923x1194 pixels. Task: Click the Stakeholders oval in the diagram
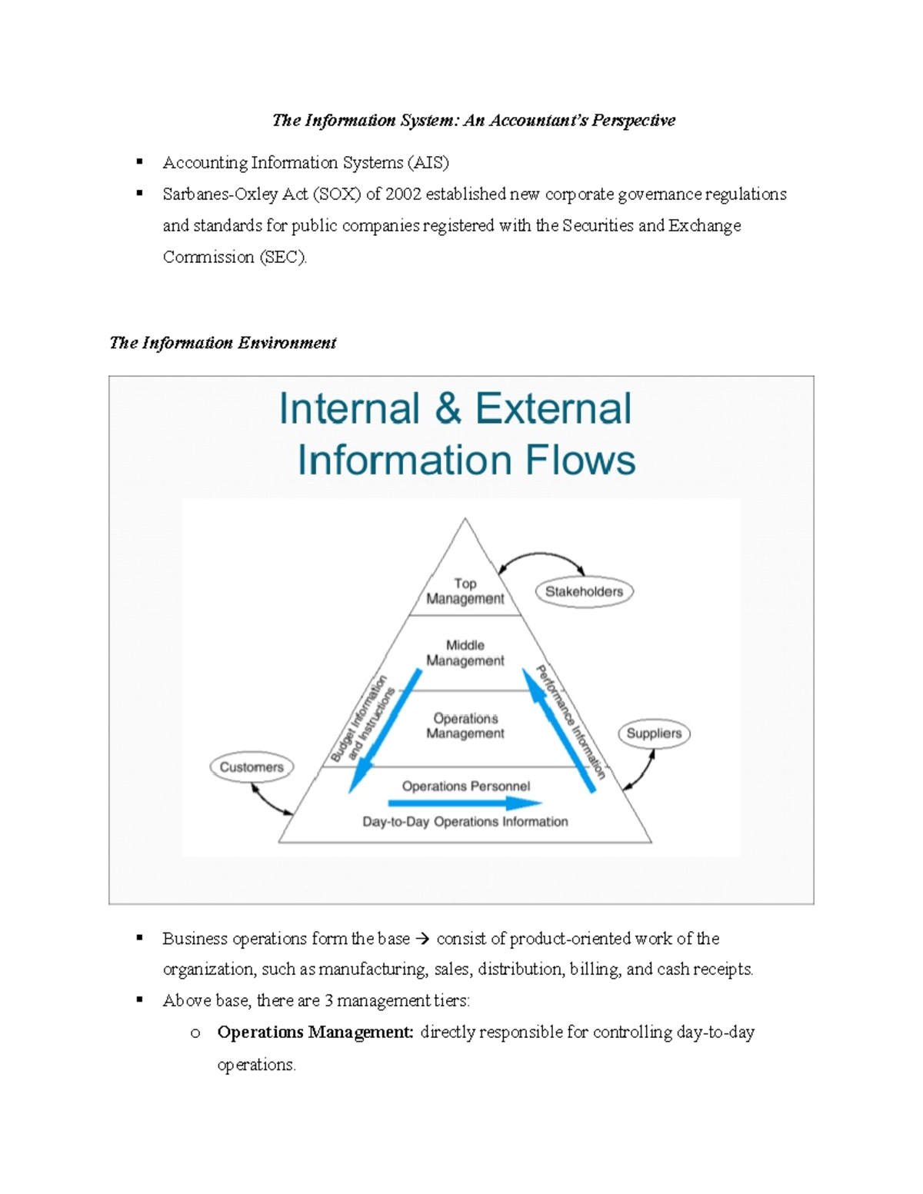[584, 591]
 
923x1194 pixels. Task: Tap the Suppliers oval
[654, 733]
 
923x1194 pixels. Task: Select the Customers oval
[252, 767]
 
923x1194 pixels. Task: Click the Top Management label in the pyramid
[465, 591]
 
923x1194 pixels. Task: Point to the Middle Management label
[465, 653]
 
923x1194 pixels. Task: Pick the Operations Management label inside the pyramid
[465, 726]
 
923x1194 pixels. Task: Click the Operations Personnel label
[465, 786]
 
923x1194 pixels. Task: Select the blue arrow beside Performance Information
[559, 730]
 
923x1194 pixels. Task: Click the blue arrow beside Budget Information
[385, 730]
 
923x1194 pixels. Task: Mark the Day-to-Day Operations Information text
[465, 822]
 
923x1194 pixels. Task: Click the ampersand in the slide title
[448, 409]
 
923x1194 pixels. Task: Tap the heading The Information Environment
[222, 343]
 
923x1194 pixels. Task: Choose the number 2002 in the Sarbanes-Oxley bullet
[403, 195]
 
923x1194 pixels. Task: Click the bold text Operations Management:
[315, 1032]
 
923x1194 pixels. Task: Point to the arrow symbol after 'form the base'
[423, 939]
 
